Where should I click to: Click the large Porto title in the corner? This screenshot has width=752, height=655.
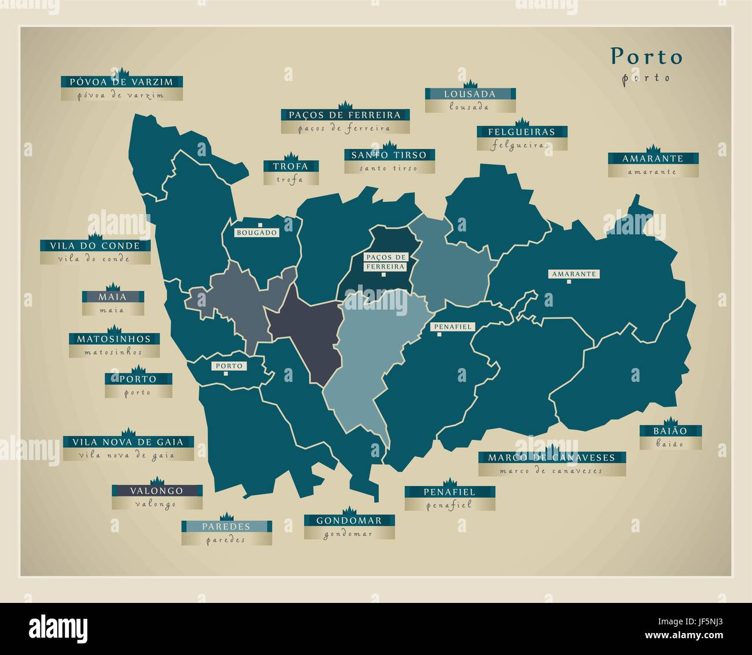(647, 57)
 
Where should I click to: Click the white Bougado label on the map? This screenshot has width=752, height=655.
(257, 233)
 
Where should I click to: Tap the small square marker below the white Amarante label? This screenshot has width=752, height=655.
(569, 282)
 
